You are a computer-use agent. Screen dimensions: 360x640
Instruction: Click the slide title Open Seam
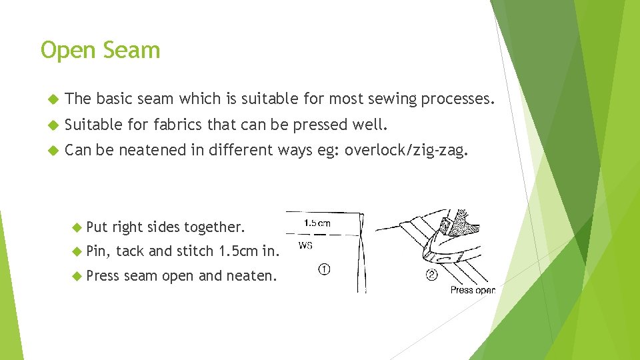tap(100, 50)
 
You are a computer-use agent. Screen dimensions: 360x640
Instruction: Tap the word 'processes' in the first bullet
tap(457, 99)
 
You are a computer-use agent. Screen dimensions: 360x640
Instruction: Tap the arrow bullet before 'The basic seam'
tap(54, 99)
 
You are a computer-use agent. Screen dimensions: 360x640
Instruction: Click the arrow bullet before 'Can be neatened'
tap(54, 151)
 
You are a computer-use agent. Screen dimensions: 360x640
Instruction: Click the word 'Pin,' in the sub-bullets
tap(98, 251)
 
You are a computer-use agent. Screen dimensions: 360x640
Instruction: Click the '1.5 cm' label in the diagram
tap(317, 223)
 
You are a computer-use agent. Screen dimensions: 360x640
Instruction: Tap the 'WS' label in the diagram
tap(306, 245)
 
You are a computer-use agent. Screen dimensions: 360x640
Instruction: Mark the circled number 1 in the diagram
tap(323, 270)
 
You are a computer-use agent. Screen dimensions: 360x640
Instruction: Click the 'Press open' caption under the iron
tap(472, 289)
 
